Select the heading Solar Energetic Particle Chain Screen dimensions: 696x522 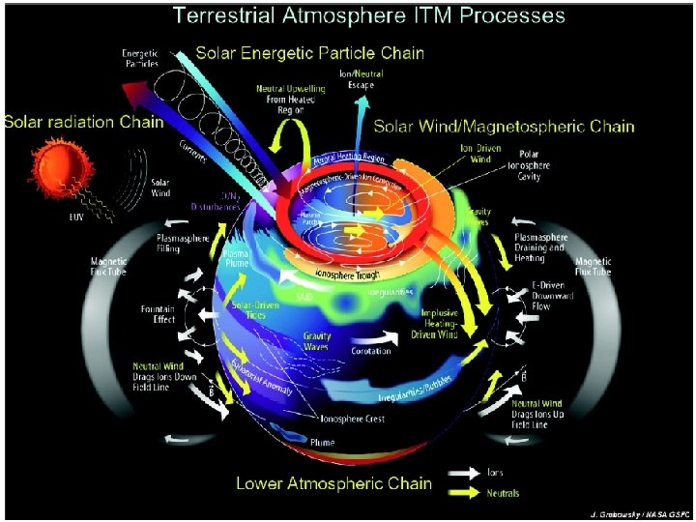pos(311,52)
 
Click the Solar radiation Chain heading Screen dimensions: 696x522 pos(83,123)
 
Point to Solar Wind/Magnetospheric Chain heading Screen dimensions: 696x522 pos(504,126)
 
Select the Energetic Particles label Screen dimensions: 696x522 pos(140,58)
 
